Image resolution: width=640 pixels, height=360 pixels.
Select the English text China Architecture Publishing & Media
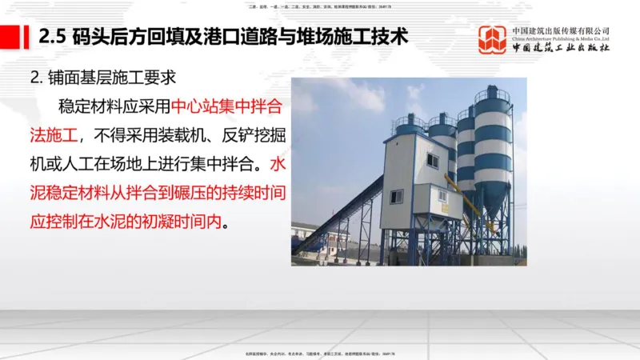(561, 38)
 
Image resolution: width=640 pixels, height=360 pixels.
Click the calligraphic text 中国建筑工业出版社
(562, 48)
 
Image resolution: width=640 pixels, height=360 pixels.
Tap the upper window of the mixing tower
(433, 159)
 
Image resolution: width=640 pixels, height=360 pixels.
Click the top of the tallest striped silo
(492, 94)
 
